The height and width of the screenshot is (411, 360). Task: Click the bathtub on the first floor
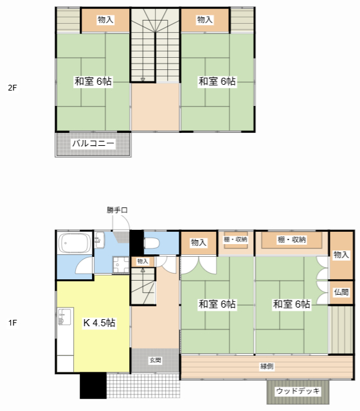pyautogui.click(x=75, y=243)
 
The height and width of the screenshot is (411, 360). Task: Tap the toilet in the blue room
pyautogui.click(x=152, y=243)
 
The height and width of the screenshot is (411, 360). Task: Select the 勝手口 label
pyautogui.click(x=117, y=210)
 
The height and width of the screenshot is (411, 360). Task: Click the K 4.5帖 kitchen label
pyautogui.click(x=99, y=322)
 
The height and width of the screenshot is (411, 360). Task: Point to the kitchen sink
pyautogui.click(x=64, y=317)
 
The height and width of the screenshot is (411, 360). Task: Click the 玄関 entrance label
pyautogui.click(x=156, y=360)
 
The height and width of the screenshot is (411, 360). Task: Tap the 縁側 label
pyautogui.click(x=267, y=366)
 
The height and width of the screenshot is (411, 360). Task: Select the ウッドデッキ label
pyautogui.click(x=298, y=391)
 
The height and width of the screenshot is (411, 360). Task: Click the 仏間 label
pyautogui.click(x=341, y=292)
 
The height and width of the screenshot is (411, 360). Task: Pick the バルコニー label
pyautogui.click(x=93, y=143)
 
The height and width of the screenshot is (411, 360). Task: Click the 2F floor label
pyautogui.click(x=12, y=88)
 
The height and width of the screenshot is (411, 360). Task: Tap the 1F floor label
pyautogui.click(x=12, y=322)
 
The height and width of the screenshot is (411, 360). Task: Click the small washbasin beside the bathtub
pyautogui.click(x=99, y=240)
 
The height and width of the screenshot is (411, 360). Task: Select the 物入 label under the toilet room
pyautogui.click(x=143, y=261)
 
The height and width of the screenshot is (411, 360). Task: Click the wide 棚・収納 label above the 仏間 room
pyautogui.click(x=291, y=240)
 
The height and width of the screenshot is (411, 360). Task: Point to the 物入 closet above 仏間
pyautogui.click(x=341, y=255)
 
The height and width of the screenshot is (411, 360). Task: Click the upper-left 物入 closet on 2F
pyautogui.click(x=105, y=20)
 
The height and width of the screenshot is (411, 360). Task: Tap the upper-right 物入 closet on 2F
pyautogui.click(x=204, y=20)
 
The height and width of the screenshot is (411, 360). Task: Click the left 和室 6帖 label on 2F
pyautogui.click(x=93, y=82)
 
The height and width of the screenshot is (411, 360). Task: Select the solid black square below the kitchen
pyautogui.click(x=93, y=385)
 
